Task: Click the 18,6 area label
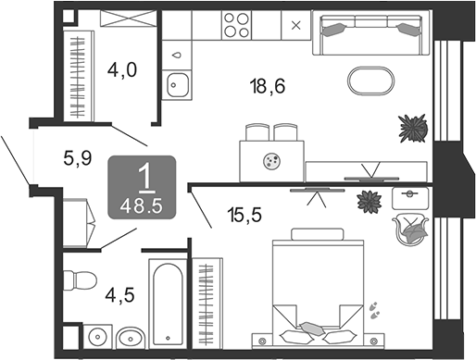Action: tap(268, 86)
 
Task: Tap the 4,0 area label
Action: tap(122, 69)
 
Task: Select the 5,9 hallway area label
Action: tap(78, 158)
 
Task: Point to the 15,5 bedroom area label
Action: tap(244, 215)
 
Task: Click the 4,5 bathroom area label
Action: tap(119, 295)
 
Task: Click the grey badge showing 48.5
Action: tap(142, 188)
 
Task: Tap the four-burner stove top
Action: tap(236, 25)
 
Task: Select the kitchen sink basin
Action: tap(177, 85)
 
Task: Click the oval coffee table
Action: tap(371, 81)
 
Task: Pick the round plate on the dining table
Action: tap(272, 161)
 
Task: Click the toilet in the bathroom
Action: tap(80, 281)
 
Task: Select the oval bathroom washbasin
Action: tap(132, 338)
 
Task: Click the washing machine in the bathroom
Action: tap(97, 337)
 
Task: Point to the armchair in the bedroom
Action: tap(410, 230)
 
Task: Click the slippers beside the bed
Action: tap(375, 310)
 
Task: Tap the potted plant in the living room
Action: tap(413, 128)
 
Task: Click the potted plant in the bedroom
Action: tap(370, 202)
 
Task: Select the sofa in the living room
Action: tap(370, 32)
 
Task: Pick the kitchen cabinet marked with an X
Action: tap(296, 25)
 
